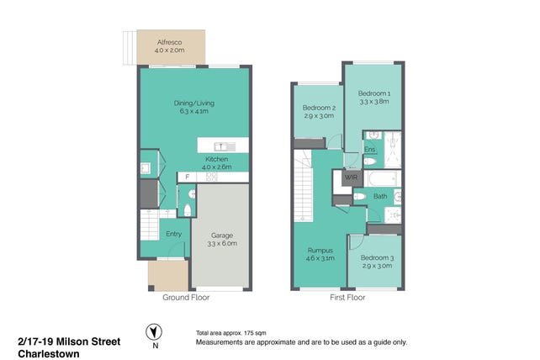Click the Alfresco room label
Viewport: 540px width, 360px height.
pyautogui.click(x=169, y=42)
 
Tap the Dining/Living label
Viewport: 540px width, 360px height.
pyautogui.click(x=194, y=103)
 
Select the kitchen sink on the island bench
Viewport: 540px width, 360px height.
pyautogui.click(x=220, y=146)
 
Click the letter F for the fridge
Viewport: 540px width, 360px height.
pyautogui.click(x=188, y=177)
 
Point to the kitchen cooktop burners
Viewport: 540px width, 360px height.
pyautogui.click(x=212, y=177)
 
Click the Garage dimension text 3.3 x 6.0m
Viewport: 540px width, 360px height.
pyautogui.click(x=222, y=244)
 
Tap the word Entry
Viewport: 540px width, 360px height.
pyautogui.click(x=173, y=234)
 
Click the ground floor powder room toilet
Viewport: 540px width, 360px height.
pyautogui.click(x=187, y=209)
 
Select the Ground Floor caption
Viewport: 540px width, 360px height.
pyautogui.click(x=186, y=297)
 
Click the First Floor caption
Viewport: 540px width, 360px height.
pyautogui.click(x=347, y=297)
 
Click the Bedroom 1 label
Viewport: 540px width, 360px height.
pyautogui.click(x=374, y=93)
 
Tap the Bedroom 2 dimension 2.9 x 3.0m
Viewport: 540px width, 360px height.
pyautogui.click(x=319, y=116)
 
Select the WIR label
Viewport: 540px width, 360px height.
pyautogui.click(x=351, y=177)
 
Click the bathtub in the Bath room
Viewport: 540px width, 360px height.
pyautogui.click(x=382, y=179)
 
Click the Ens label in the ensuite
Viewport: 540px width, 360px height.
pyautogui.click(x=369, y=149)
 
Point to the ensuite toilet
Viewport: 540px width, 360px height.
pyautogui.click(x=369, y=161)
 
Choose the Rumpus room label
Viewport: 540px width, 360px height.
pyautogui.click(x=320, y=251)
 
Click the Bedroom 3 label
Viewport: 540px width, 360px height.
pyautogui.click(x=377, y=257)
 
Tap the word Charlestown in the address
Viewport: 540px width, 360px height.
pyautogui.click(x=49, y=354)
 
